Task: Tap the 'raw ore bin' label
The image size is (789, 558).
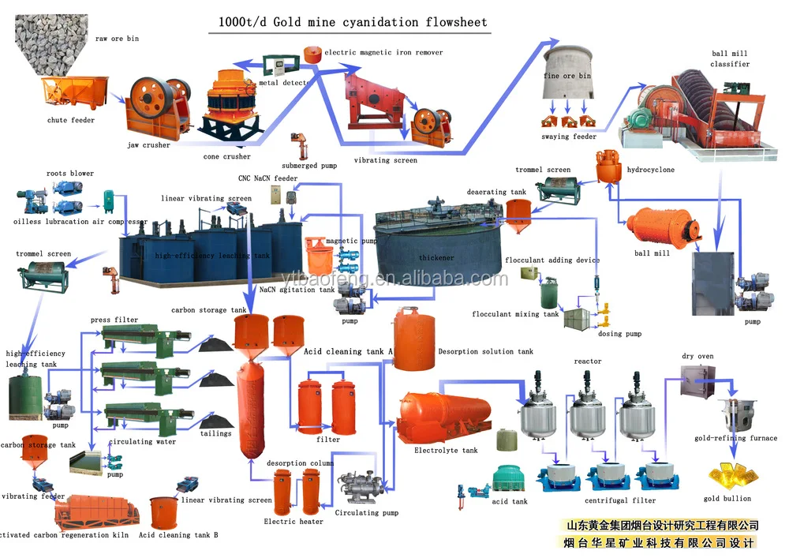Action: (117, 39)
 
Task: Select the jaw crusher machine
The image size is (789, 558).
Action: (155, 109)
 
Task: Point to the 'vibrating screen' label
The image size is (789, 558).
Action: (385, 160)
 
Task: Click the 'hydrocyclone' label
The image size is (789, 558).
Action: (650, 170)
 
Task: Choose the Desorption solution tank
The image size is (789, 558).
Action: (414, 340)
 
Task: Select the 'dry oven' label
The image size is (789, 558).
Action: (697, 357)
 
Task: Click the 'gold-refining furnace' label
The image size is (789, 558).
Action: (735, 438)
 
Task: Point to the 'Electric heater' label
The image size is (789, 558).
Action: (294, 522)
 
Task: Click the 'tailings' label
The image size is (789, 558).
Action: (215, 433)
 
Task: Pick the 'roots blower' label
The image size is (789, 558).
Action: (69, 174)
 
